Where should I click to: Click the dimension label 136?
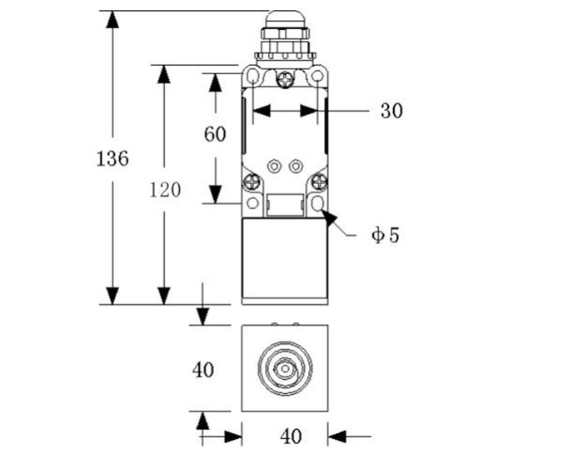pos(113,157)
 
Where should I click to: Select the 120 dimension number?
pos(165,190)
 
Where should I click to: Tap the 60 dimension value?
pos(215,134)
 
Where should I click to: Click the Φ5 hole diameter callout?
pos(386,235)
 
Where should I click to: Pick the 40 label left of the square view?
pos(203,369)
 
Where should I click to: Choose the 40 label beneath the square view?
pos(291,435)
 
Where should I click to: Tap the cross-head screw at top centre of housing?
pos(285,80)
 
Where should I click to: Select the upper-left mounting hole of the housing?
pos(252,77)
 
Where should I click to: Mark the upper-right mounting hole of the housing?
pos(316,77)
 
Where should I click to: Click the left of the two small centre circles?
pos(273,166)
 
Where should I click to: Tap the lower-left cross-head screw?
pos(252,182)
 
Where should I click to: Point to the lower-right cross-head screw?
pos(317,182)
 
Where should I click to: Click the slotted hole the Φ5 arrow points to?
pos(316,203)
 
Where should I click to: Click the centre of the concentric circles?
pos(284,367)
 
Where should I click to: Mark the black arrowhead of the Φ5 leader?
pos(330,218)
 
